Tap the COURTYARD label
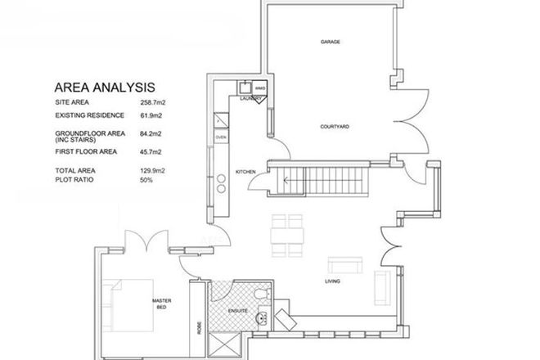(335, 127)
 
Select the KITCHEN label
(246, 172)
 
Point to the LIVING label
(331, 282)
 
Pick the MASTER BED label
(161, 304)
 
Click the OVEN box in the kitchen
(220, 137)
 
